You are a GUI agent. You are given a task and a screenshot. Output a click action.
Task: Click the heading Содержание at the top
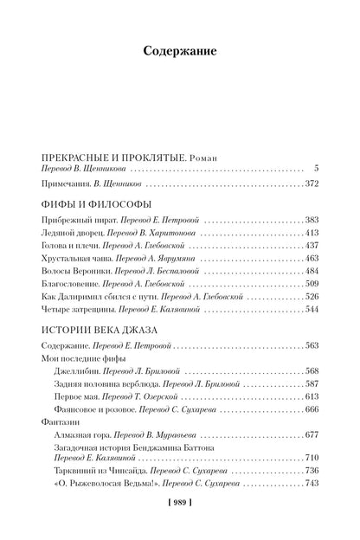(179, 52)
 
